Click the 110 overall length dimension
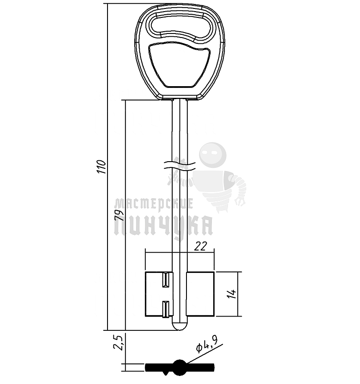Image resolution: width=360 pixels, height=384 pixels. (x=101, y=167)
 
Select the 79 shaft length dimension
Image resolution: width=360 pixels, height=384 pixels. (x=119, y=215)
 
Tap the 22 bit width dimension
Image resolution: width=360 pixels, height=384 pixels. (x=200, y=246)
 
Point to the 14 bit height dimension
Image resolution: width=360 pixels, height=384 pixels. (x=232, y=294)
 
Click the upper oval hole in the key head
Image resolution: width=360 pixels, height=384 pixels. (x=180, y=26)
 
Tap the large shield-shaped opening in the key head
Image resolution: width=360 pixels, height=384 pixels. (x=179, y=65)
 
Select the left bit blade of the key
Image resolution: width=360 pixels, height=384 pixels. (x=159, y=294)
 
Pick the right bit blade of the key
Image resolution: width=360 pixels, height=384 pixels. (x=200, y=294)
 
